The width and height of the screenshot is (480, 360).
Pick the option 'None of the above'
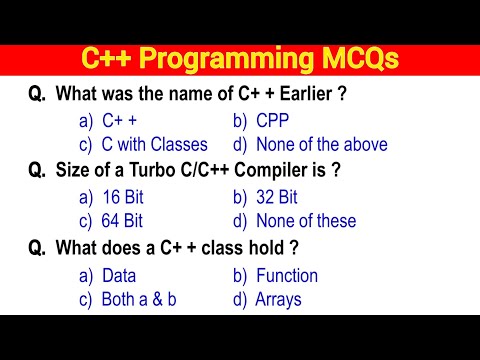[x=322, y=144]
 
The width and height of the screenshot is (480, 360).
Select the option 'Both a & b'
[x=140, y=298]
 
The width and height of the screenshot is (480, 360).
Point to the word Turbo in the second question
[x=158, y=170]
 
